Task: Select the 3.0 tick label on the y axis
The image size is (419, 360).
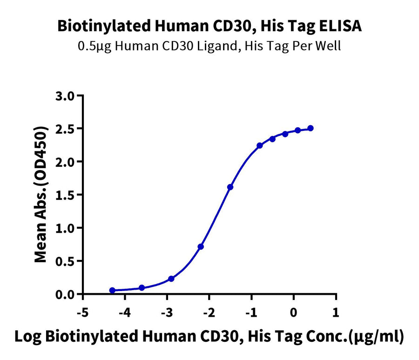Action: coord(65,96)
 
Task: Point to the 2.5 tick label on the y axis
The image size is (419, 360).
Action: coord(65,129)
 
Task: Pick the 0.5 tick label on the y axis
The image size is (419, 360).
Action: coord(65,262)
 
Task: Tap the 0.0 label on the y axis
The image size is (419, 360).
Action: coord(65,295)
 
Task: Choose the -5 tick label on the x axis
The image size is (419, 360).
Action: coord(82,312)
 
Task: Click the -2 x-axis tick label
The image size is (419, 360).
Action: coord(209,312)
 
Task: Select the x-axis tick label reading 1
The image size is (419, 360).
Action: coord(336,312)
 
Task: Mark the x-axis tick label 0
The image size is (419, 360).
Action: coord(294,312)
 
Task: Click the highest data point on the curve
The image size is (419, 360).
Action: coord(310,128)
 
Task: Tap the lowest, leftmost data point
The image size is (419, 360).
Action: coord(112,290)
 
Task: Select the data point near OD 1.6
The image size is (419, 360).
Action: coord(230,187)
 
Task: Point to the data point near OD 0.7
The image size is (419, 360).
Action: coord(201,246)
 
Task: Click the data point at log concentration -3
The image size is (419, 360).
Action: coord(171,279)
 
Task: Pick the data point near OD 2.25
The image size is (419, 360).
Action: coord(259,145)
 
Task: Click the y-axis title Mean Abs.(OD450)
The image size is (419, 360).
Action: coord(41,194)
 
